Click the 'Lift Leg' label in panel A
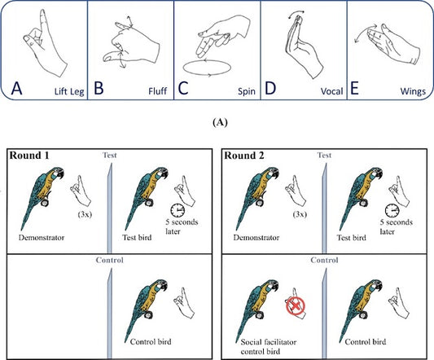coord(69,91)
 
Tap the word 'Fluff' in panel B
coord(157,91)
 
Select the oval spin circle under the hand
coord(207,68)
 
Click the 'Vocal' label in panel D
coord(332,91)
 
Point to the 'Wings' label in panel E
coord(413,91)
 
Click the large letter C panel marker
coord(183,88)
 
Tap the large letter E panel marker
coord(354,88)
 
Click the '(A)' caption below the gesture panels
coord(220,122)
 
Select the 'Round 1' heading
coord(29,156)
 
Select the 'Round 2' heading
coord(244,156)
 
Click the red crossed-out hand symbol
coord(296,306)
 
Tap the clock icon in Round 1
coord(178,211)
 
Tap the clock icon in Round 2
coord(392,211)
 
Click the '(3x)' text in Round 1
coord(85,215)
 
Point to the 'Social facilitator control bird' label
coord(269,347)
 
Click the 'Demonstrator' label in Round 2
coord(256,238)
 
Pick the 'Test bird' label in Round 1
coord(137,238)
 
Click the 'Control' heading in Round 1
coord(110,260)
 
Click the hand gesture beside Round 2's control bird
coord(398,303)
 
